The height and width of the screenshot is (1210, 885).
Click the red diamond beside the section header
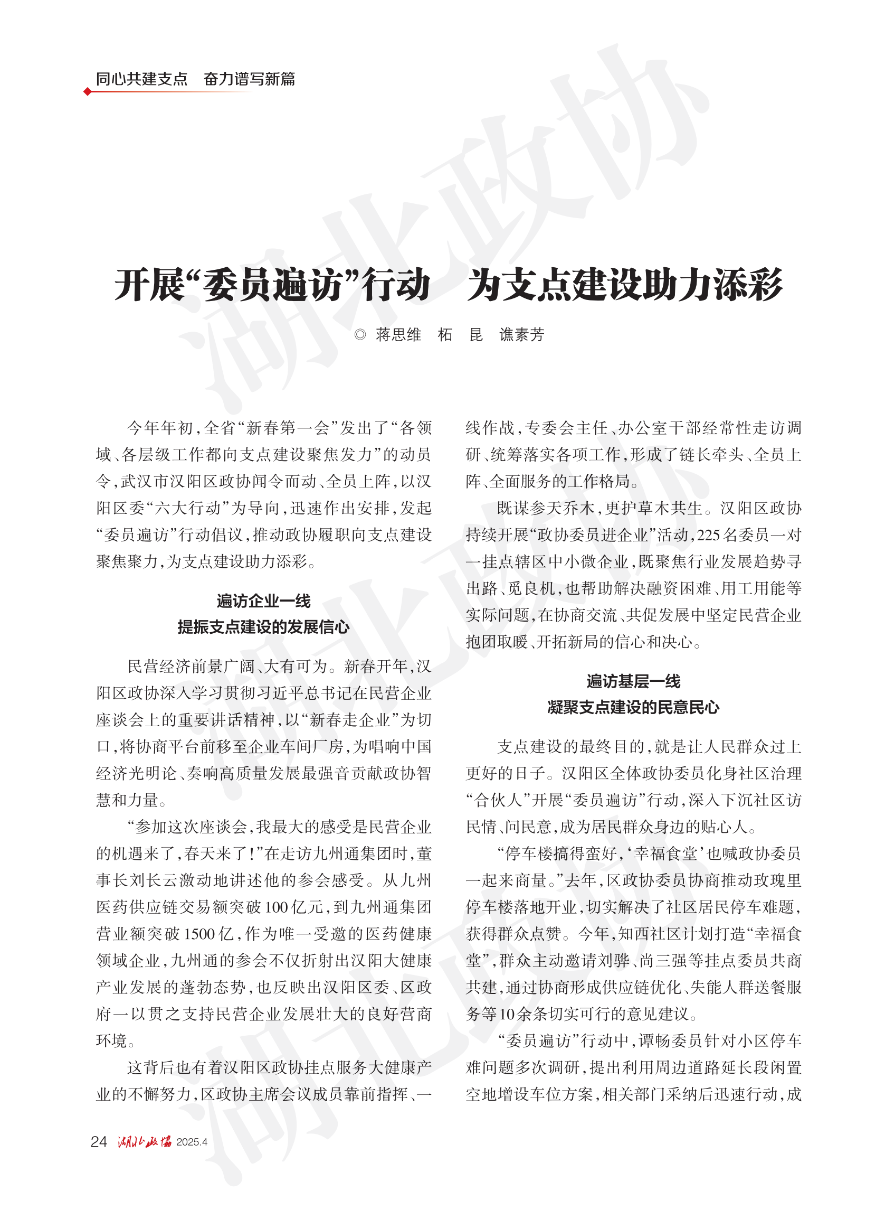point(87,92)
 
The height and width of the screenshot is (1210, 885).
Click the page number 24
point(99,1142)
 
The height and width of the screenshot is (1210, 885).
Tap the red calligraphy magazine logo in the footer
point(145,1141)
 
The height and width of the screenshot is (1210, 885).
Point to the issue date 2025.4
point(192,1142)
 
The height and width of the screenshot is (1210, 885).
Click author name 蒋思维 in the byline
point(398,335)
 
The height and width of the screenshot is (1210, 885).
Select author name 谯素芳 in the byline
point(522,335)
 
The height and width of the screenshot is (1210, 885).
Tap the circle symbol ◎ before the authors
point(360,335)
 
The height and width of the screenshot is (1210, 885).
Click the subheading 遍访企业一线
point(263,601)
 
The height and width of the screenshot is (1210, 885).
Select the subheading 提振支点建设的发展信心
point(263,627)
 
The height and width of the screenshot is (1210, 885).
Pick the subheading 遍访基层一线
point(633,681)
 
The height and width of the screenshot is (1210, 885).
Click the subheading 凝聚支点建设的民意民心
point(633,707)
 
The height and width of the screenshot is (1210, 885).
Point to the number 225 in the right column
point(709,535)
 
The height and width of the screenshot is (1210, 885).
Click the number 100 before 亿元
point(277,907)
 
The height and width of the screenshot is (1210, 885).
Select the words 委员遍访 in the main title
point(273,285)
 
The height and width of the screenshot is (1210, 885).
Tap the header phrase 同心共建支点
point(142,79)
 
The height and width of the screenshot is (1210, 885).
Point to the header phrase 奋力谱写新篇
point(250,79)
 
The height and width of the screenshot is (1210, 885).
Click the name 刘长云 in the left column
point(158,880)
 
